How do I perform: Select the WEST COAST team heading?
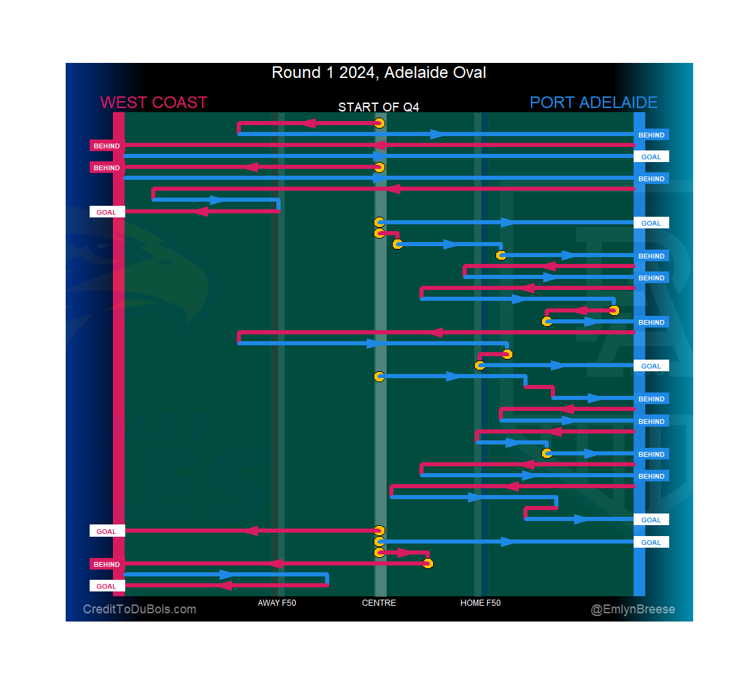tap(153, 103)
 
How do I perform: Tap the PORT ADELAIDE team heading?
tap(593, 103)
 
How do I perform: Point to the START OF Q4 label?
tap(378, 107)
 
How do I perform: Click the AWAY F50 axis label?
tap(276, 603)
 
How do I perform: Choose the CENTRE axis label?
tap(379, 603)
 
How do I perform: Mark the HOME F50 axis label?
tap(480, 603)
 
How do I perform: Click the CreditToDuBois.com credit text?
tap(140, 609)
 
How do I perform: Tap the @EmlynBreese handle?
tap(633, 609)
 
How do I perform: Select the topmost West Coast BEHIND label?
tap(106, 146)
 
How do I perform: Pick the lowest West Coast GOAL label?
tap(106, 586)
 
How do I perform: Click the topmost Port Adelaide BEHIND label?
tap(651, 135)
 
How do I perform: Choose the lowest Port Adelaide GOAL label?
tap(651, 542)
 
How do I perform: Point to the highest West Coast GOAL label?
tap(106, 212)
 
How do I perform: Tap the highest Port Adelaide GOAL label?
tap(651, 157)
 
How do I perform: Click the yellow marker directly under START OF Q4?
tap(379, 123)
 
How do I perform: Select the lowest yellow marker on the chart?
tap(428, 563)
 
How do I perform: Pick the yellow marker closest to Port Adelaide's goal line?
tap(614, 310)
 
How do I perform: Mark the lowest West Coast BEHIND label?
tap(106, 564)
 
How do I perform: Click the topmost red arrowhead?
tap(308, 123)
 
